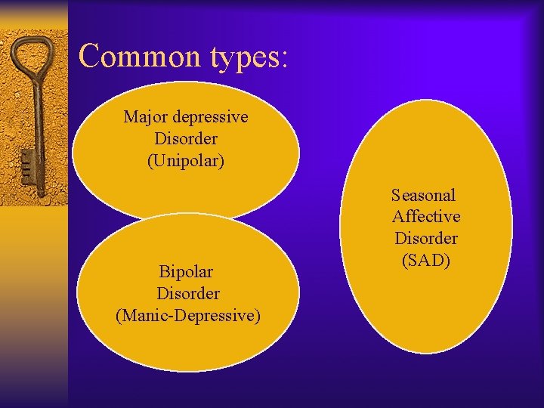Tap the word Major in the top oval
[x=146, y=117]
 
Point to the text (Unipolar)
[x=186, y=161]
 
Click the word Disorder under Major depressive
[x=186, y=139]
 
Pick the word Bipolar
[x=186, y=271]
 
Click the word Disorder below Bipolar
[x=188, y=293]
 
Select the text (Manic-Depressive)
[x=188, y=315]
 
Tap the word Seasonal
[x=424, y=195]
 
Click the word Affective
[x=426, y=217]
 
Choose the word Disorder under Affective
[x=426, y=239]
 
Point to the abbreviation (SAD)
[x=426, y=261]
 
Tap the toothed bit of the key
[x=26, y=162]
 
